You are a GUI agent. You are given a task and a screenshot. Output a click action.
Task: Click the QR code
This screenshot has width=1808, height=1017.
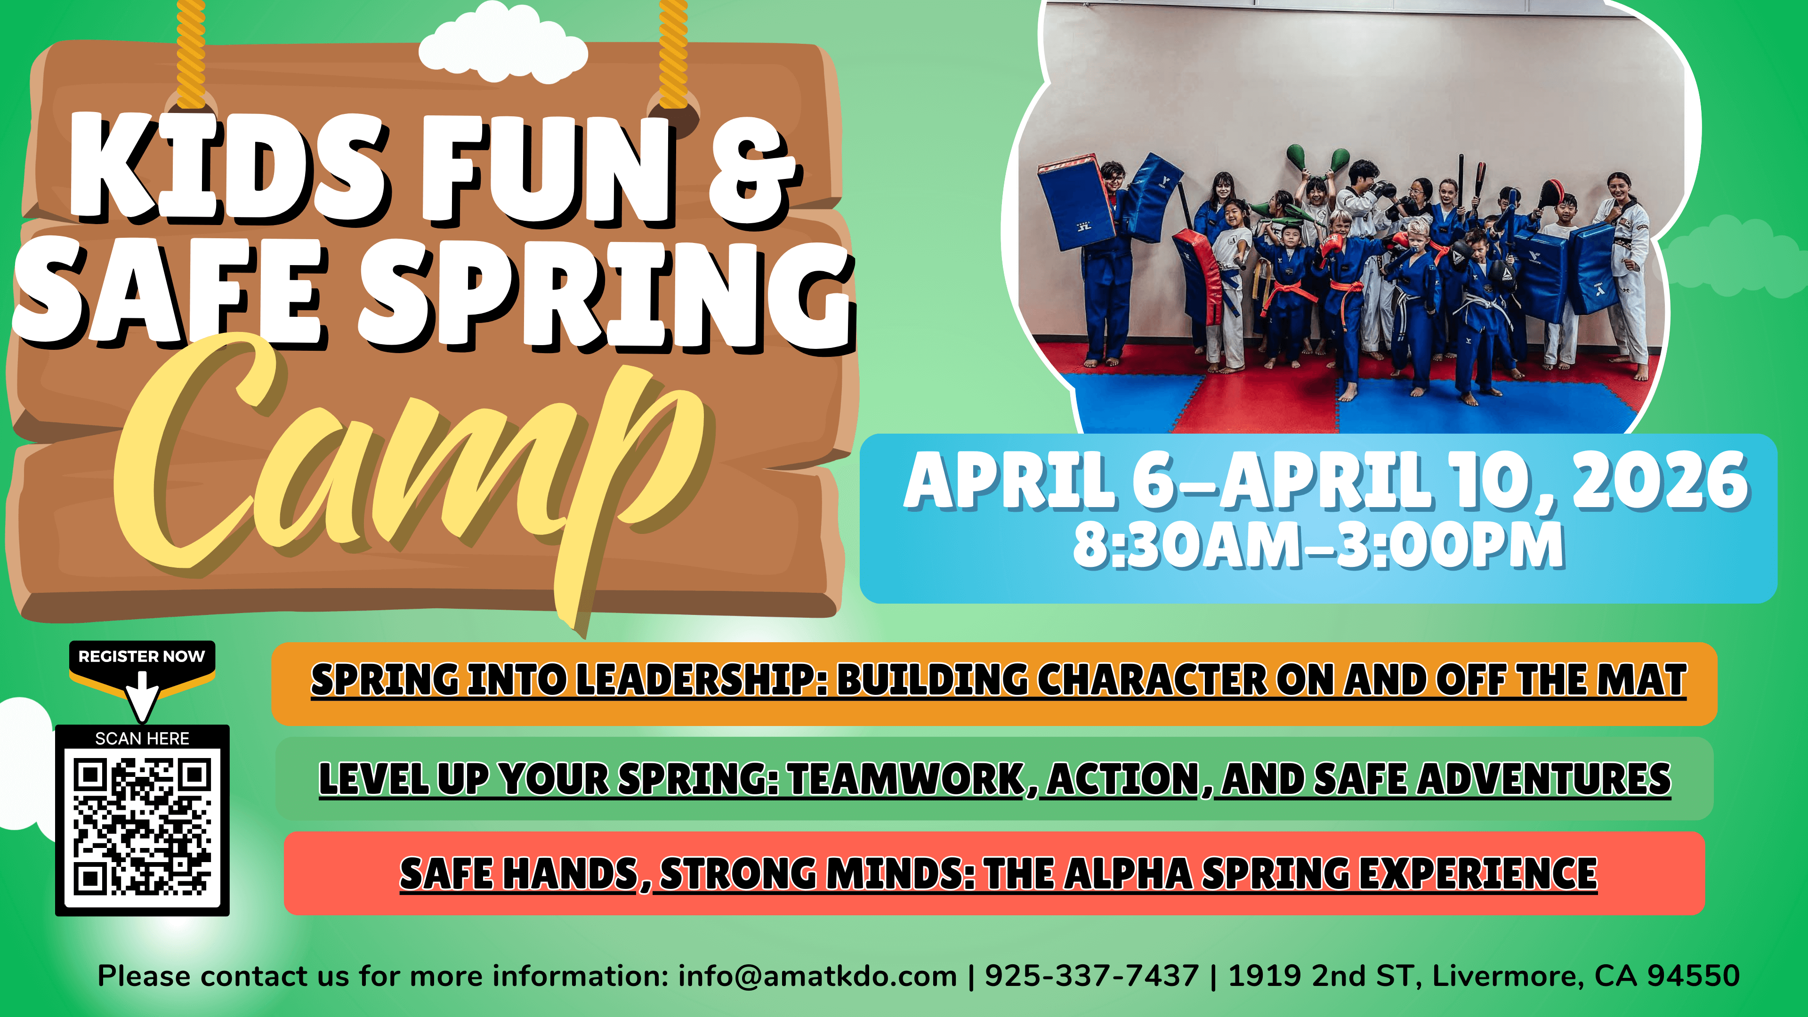143,827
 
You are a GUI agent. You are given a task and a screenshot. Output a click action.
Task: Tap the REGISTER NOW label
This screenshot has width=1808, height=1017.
142,656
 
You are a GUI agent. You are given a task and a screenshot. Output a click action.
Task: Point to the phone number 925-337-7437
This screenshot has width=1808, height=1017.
1091,976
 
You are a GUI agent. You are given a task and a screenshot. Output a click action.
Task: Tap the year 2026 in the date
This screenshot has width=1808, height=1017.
1659,482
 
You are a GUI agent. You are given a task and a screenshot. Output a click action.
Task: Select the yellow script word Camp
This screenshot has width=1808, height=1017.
414,477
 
